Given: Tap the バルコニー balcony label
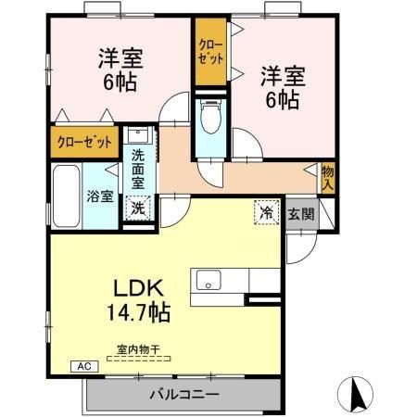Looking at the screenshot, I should tap(184, 395).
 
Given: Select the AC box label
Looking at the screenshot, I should tap(82, 366).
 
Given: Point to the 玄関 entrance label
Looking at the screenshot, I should tap(300, 214).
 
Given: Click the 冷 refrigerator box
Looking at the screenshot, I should tap(266, 212).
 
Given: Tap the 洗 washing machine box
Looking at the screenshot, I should tap(137, 208).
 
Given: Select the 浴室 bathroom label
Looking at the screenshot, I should tap(100, 196).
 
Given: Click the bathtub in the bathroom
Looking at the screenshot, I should tap(66, 196).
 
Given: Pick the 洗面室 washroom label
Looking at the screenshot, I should tap(137, 170).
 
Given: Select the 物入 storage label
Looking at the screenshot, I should tap(328, 177).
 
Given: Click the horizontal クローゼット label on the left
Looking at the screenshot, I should tap(84, 142).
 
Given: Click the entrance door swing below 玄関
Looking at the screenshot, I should tap(301, 243).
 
